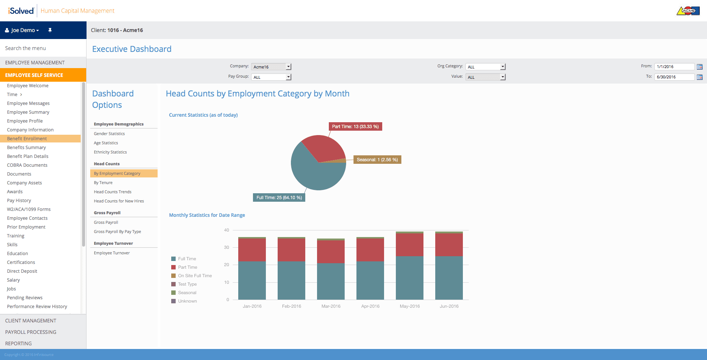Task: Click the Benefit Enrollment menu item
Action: tap(27, 139)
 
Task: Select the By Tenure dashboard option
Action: tap(103, 183)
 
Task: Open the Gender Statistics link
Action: tap(109, 134)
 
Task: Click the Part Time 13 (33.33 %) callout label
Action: tap(355, 127)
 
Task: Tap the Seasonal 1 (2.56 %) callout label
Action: tap(377, 160)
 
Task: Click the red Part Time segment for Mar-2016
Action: tap(331, 252)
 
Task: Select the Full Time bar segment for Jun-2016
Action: tap(449, 278)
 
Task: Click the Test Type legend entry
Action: tap(184, 284)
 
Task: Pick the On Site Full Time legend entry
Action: tap(191, 276)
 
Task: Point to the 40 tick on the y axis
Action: tap(226, 230)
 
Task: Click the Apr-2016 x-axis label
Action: tap(370, 306)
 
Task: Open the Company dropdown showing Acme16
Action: tap(271, 67)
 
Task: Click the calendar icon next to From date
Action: tap(700, 67)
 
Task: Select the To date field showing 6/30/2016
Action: tap(674, 77)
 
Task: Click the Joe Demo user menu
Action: tap(22, 30)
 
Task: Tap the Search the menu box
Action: tap(43, 48)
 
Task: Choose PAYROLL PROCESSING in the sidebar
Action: tap(31, 332)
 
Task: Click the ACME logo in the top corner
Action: tap(688, 11)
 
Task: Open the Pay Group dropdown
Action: tap(271, 77)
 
